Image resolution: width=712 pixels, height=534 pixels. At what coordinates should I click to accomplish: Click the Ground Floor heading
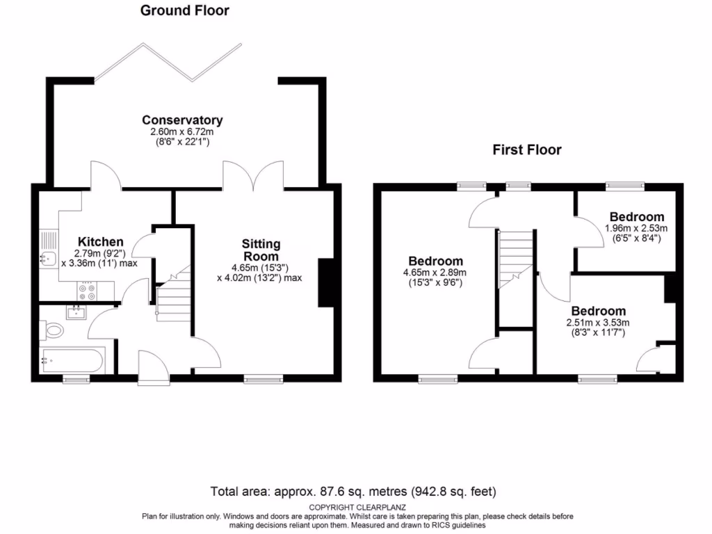184,10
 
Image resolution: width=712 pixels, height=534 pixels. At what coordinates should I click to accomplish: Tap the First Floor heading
527,149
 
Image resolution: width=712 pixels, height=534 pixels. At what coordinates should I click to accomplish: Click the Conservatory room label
182,120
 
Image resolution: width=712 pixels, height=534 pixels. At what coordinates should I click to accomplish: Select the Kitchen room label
101,242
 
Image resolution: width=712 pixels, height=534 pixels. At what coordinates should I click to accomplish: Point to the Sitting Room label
261,250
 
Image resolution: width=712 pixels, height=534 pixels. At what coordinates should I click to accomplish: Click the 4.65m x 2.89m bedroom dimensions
435,273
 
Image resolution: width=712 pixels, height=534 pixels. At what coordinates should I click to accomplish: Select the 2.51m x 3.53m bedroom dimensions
598,323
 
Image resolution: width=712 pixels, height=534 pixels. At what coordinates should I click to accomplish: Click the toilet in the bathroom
52,329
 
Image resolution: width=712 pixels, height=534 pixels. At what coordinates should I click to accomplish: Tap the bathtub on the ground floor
71,360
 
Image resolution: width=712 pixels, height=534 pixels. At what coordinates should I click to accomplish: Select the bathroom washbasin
76,313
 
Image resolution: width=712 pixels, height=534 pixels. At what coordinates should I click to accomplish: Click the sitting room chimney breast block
325,282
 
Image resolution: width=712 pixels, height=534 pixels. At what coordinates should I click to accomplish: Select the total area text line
353,492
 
